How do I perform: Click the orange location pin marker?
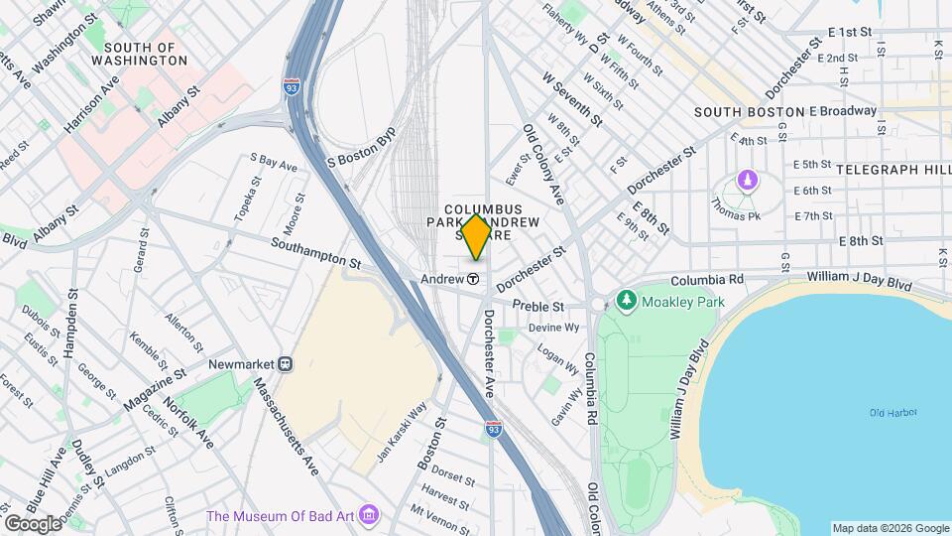(476, 236)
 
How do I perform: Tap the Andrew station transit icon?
(474, 280)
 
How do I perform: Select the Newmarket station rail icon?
(286, 364)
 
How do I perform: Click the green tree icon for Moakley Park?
(626, 300)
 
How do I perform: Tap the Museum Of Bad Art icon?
(370, 515)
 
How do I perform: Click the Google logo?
(33, 523)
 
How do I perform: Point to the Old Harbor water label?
(892, 413)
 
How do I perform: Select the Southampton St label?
(315, 253)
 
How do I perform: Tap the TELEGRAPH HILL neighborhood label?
(892, 170)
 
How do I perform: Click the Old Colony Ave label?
(543, 165)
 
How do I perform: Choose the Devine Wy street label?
(553, 328)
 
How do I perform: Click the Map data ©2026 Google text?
(889, 528)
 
